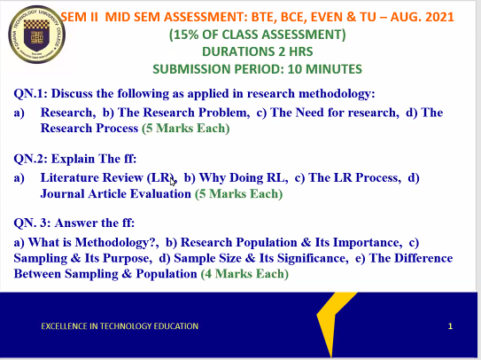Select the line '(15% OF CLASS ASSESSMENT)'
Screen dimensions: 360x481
(x=257, y=35)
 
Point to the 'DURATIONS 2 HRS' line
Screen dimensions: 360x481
(x=257, y=52)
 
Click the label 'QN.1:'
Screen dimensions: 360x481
(x=33, y=94)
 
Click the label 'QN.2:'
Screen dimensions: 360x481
(x=33, y=158)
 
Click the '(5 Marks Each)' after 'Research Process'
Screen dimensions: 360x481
(x=185, y=128)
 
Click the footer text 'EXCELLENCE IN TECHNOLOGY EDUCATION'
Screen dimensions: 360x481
(x=120, y=326)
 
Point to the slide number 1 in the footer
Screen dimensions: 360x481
(x=450, y=326)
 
